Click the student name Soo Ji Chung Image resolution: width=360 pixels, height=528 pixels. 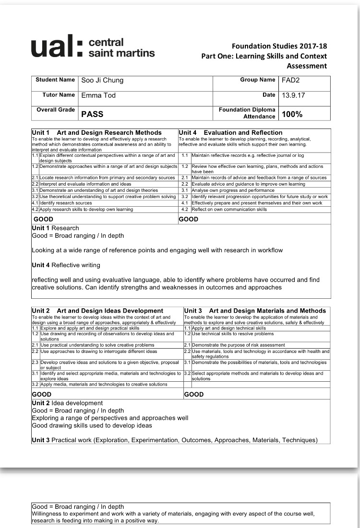[x=102, y=80]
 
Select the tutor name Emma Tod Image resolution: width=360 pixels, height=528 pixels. [x=98, y=95]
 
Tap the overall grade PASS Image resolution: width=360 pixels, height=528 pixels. [x=92, y=114]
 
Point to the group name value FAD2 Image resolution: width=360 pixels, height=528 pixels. [x=291, y=80]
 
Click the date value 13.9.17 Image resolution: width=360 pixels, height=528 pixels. [x=293, y=95]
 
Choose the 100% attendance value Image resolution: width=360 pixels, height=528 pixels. [x=292, y=114]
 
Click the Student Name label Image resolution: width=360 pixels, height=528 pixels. [x=55, y=80]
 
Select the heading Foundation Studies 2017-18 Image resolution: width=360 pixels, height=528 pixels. [x=279, y=46]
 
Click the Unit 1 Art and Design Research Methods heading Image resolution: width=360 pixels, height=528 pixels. [x=96, y=132]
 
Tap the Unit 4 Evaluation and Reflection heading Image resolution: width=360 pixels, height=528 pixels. [x=230, y=132]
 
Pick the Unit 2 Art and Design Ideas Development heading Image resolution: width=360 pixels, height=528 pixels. [x=97, y=311]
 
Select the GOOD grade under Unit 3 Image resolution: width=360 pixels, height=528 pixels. [x=194, y=394]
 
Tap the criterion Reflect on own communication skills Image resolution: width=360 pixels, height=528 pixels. [x=229, y=209]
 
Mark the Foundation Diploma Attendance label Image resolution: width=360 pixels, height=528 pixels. [x=247, y=113]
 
